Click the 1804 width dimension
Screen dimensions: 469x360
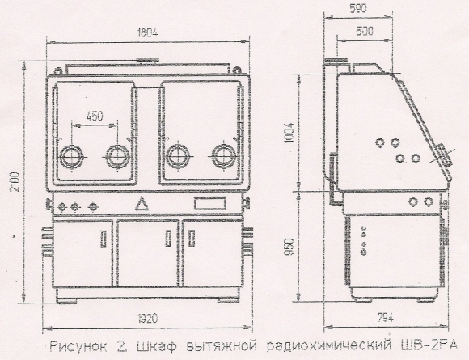[147, 32]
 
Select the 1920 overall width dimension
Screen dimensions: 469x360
[147, 319]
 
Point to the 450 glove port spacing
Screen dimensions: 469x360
[95, 116]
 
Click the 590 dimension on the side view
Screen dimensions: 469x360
[358, 9]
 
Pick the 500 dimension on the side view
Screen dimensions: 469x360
[365, 31]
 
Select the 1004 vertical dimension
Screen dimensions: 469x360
[289, 133]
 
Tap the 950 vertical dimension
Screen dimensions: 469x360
[289, 246]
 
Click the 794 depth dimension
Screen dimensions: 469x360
[385, 317]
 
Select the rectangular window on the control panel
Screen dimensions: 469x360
[209, 203]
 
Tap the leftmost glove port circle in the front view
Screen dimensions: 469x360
[71, 157]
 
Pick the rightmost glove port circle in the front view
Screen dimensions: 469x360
[223, 156]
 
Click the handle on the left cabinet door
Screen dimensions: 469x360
[104, 239]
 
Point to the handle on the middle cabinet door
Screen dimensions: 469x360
[169, 238]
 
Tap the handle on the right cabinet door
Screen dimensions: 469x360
[192, 238]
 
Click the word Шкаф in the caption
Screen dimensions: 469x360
[157, 346]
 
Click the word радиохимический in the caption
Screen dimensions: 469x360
[329, 346]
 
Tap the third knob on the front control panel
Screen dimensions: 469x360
[94, 206]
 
